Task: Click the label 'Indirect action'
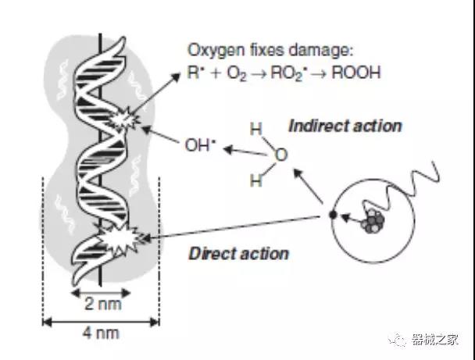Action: click(x=345, y=126)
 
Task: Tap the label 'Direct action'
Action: click(x=239, y=253)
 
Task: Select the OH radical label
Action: click(x=200, y=144)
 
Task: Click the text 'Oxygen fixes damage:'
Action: click(x=270, y=52)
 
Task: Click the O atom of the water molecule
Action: click(x=281, y=156)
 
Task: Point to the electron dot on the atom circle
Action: click(x=333, y=214)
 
